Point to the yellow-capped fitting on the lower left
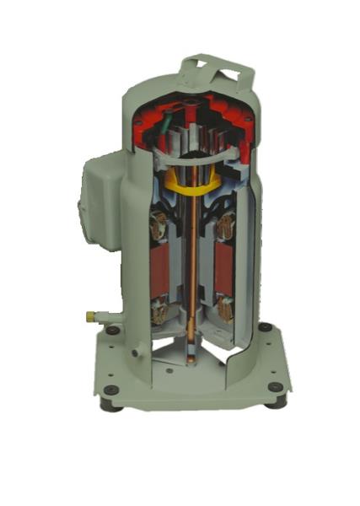pyautogui.click(x=89, y=317)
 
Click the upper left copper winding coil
pyautogui.click(x=159, y=225)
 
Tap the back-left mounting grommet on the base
pyautogui.click(x=111, y=333)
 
